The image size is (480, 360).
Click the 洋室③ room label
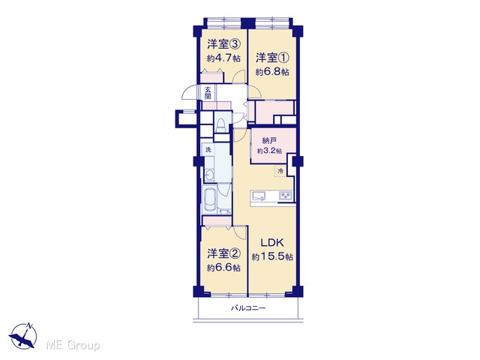point(223,45)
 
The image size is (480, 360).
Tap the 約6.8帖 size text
point(272,72)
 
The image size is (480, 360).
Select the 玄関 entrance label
point(208,93)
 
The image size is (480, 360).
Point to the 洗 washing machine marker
point(208,150)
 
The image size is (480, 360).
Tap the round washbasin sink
point(210,175)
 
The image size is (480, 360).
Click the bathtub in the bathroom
point(210,199)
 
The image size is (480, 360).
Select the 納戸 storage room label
point(269,141)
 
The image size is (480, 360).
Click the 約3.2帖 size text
point(269,151)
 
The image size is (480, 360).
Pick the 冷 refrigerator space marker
point(280,171)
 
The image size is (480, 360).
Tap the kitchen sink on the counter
point(258,195)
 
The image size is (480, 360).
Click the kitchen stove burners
point(286,195)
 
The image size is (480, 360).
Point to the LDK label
point(272,243)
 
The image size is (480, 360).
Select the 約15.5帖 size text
point(272,256)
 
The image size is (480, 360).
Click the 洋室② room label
point(223,253)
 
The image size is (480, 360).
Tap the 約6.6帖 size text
point(223,268)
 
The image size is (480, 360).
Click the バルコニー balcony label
point(248,308)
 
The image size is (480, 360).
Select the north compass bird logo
point(23,335)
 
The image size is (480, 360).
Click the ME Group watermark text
point(73,346)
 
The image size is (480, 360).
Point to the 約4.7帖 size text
point(223,58)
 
